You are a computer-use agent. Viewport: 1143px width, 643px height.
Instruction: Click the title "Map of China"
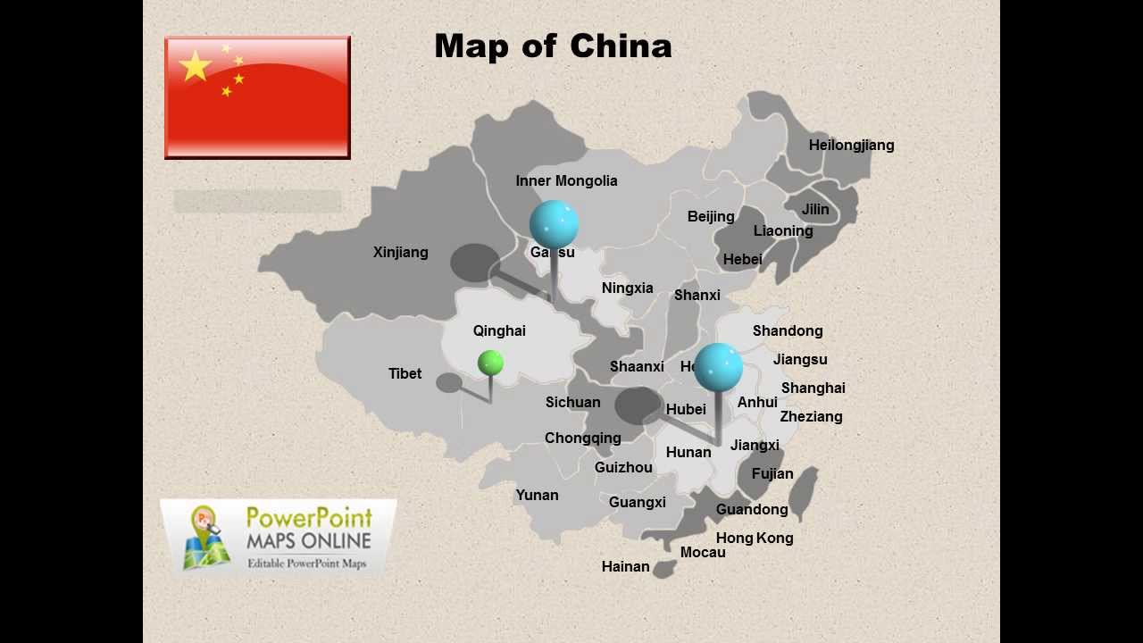coord(553,46)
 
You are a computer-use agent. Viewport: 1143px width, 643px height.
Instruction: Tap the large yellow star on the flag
coord(196,65)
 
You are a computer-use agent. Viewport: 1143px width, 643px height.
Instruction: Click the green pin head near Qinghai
coord(490,363)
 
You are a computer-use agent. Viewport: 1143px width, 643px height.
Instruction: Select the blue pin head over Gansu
coord(554,223)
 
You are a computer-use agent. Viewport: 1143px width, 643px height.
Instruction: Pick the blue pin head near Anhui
coord(718,367)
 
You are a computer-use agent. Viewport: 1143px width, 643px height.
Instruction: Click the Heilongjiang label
coord(851,145)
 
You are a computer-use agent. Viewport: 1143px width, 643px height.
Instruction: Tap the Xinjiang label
coord(400,252)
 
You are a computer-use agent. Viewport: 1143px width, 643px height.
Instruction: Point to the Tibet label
coord(405,373)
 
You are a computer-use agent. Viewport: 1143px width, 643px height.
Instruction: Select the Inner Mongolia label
coord(566,180)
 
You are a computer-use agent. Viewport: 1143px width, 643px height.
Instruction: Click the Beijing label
coord(711,216)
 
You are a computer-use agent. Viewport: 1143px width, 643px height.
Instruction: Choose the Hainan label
coord(625,566)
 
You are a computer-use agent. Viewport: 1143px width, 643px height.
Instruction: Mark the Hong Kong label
coord(755,538)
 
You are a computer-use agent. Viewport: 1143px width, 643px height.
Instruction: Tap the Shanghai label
coord(813,388)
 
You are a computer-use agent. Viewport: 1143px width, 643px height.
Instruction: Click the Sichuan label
coord(572,402)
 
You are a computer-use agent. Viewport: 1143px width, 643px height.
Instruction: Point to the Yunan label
coord(537,495)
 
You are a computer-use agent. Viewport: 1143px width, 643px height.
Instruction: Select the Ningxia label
coord(627,288)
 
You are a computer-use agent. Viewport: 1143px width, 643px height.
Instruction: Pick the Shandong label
coord(787,330)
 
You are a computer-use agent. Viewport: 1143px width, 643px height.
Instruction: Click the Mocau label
coord(703,552)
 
